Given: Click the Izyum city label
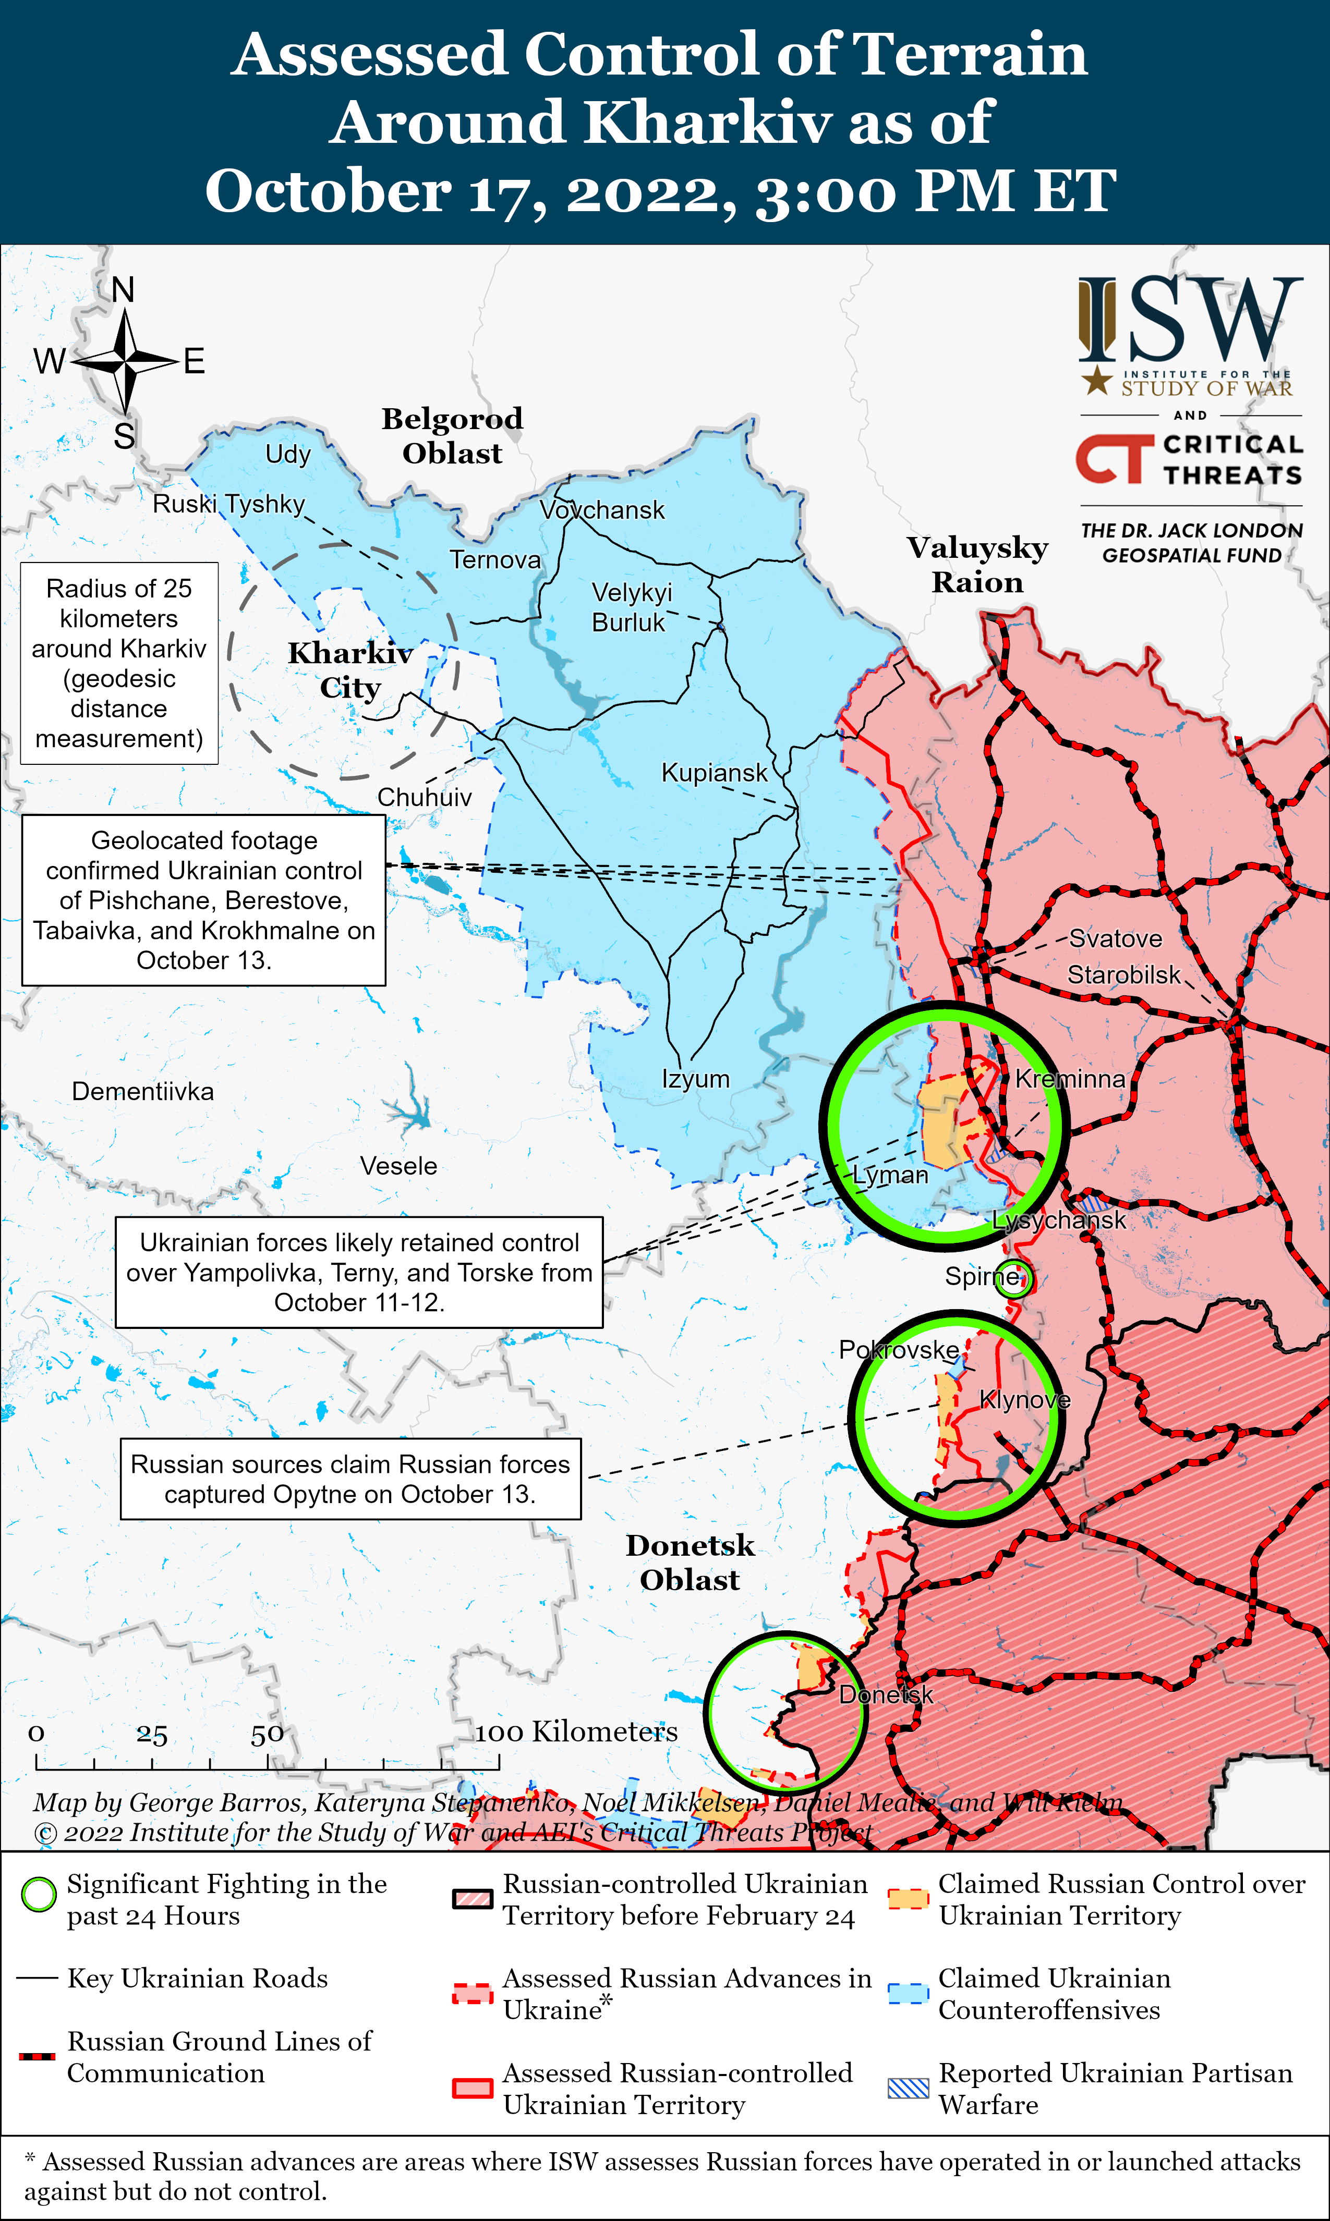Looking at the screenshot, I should (695, 1079).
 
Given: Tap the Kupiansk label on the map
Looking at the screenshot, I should (715, 772).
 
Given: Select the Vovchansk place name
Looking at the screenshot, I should (602, 510).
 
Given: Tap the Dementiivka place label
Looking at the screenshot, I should (142, 1091).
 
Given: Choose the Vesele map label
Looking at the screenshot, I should (399, 1166).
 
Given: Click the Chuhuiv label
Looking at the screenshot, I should (424, 797).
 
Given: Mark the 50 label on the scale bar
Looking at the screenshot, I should (267, 1735).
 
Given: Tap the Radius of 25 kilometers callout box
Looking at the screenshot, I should (119, 663).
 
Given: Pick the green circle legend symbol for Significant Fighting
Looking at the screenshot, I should (39, 1894).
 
